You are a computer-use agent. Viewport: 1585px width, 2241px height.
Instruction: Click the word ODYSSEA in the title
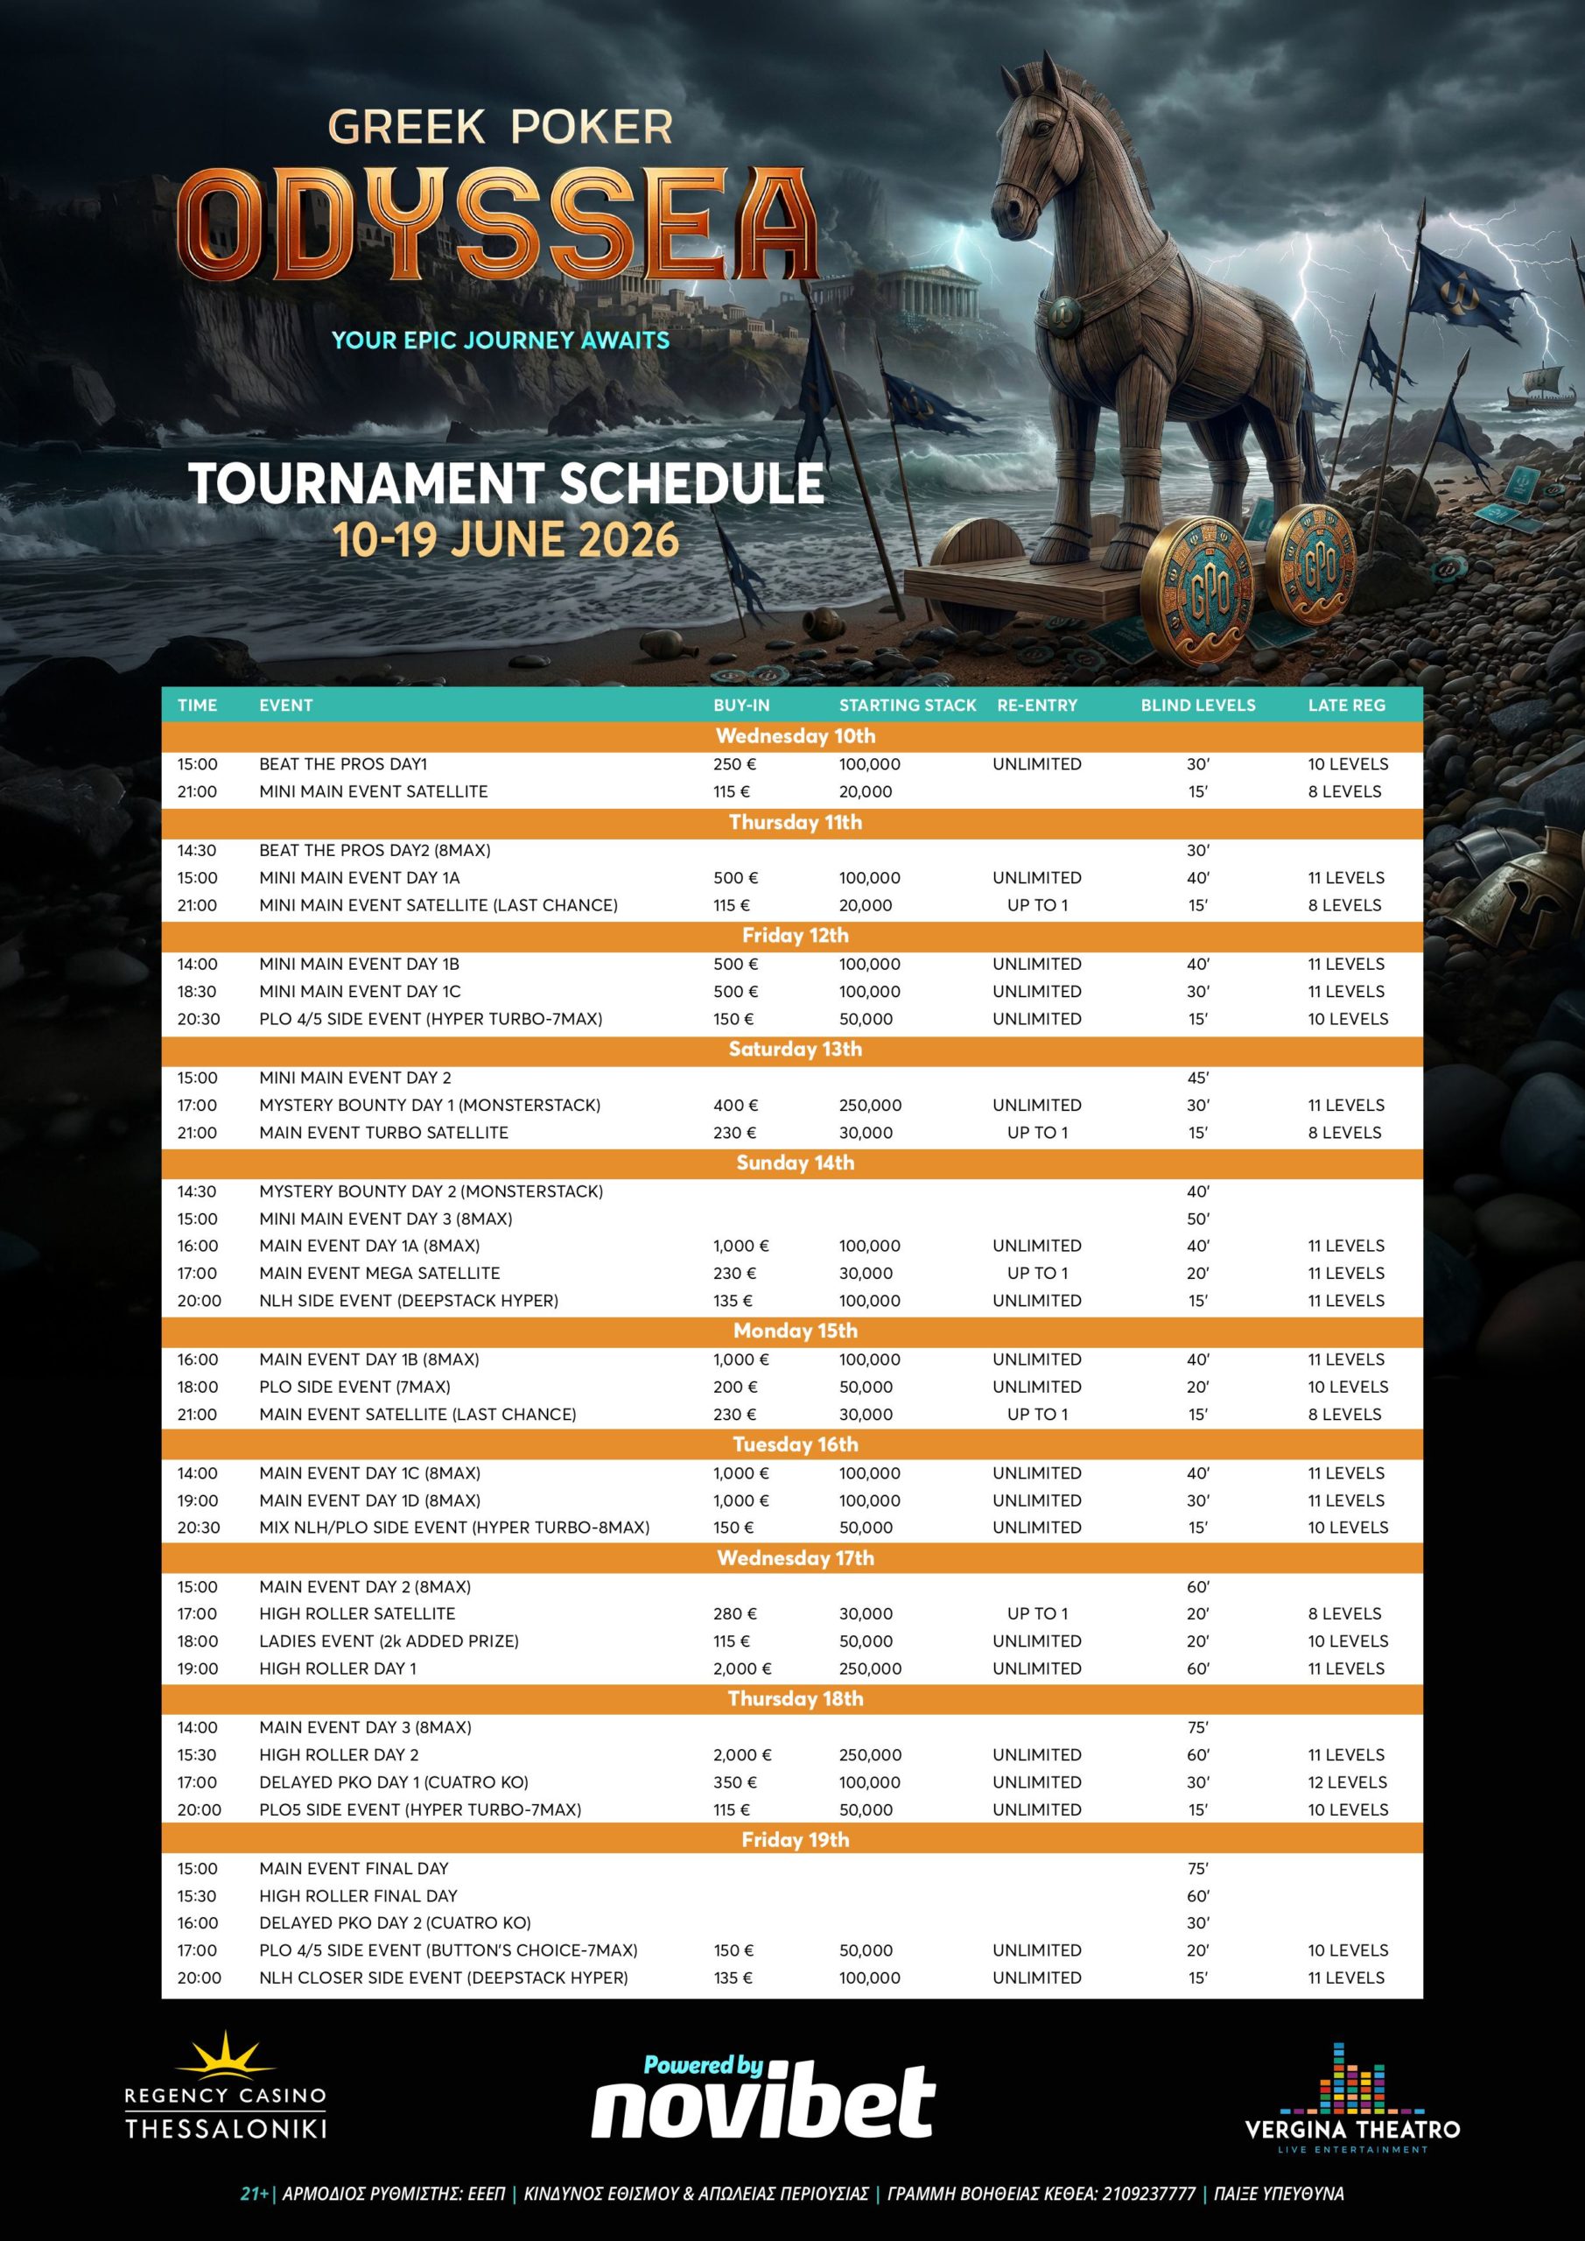click(x=498, y=224)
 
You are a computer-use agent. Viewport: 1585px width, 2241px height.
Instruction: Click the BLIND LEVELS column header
click(x=1197, y=705)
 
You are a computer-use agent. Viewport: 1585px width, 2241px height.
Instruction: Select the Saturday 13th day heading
click(x=795, y=1050)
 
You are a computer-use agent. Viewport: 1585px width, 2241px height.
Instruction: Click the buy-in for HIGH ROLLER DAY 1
click(x=740, y=1668)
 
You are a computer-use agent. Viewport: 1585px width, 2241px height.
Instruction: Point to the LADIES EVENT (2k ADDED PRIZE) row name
click(x=389, y=1640)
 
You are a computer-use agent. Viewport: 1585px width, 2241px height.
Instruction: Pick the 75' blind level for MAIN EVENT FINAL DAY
click(x=1197, y=1868)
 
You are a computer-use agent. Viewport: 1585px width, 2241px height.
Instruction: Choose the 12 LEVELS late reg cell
click(x=1347, y=1781)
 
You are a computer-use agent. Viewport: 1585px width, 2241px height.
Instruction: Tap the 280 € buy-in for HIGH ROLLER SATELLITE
click(x=735, y=1613)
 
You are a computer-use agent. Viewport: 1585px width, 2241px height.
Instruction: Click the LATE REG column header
click(x=1346, y=705)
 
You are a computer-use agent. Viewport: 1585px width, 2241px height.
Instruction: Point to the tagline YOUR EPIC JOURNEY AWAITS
click(x=500, y=341)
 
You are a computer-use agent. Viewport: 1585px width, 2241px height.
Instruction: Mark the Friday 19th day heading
click(x=795, y=1840)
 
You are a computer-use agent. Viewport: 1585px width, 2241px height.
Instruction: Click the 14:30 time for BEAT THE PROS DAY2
click(x=197, y=850)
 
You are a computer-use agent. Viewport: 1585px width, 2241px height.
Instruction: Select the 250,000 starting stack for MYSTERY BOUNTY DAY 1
click(x=870, y=1105)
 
